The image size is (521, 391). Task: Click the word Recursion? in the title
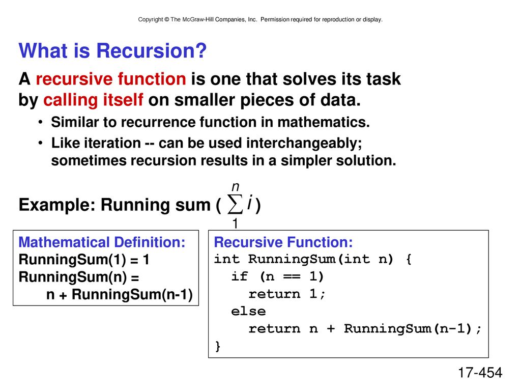point(151,51)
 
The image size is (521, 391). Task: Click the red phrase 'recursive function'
point(110,79)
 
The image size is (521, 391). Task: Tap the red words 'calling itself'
point(94,100)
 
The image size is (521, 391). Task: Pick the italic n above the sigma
point(236,186)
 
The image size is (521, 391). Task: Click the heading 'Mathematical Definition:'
point(102,242)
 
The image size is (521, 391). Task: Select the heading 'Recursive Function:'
point(283,242)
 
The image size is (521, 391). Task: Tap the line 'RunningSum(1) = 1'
point(84,260)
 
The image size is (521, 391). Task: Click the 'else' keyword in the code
point(248,311)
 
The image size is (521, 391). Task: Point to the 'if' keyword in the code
point(240,276)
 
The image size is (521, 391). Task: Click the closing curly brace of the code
point(218,346)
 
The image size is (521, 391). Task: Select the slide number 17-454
point(480,373)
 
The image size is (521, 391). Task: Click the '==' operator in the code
point(292,276)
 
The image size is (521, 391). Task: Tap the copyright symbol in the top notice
point(166,19)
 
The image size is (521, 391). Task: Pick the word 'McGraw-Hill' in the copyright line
point(198,19)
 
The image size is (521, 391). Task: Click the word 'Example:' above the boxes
point(57,205)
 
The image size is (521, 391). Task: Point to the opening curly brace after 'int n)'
point(409,259)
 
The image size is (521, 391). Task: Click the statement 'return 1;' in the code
point(287,294)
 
